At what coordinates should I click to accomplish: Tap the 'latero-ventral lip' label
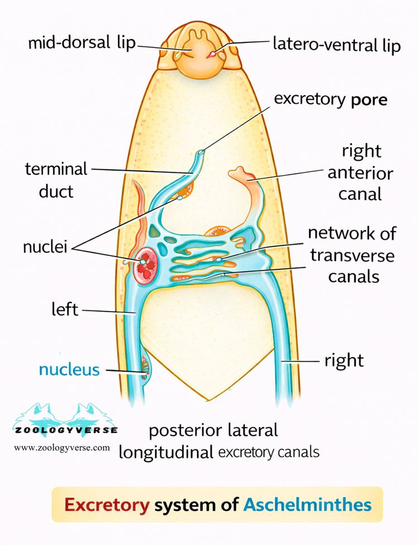tap(336, 44)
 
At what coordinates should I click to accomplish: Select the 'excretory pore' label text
tap(331, 100)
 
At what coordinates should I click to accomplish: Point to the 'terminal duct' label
tap(56, 179)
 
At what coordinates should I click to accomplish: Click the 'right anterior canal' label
tap(361, 172)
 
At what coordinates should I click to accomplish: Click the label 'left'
tap(65, 309)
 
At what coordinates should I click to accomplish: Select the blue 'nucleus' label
tap(69, 369)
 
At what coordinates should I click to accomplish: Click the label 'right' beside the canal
tap(344, 360)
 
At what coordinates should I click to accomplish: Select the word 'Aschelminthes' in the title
tap(307, 505)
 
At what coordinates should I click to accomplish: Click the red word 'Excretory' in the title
tap(107, 505)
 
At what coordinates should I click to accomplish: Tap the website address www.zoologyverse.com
tap(62, 448)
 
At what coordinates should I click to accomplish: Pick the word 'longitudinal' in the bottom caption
tap(166, 452)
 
